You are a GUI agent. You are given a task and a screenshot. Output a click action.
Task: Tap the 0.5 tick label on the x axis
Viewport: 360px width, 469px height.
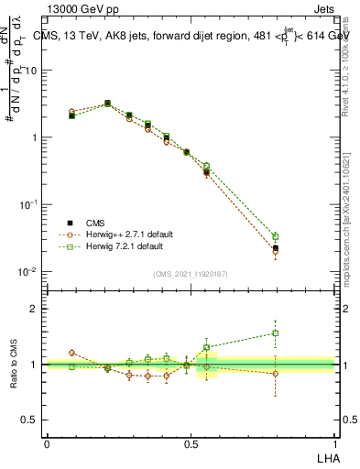click(191, 443)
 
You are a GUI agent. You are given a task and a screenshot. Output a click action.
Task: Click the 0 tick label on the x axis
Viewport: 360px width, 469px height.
click(47, 443)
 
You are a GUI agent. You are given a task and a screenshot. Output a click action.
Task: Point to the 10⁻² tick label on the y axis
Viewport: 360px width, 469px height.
click(27, 272)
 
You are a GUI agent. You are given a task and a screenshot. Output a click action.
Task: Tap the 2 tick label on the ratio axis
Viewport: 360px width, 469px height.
click(36, 309)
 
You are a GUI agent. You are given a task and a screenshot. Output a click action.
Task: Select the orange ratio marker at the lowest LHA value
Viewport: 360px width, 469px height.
click(72, 352)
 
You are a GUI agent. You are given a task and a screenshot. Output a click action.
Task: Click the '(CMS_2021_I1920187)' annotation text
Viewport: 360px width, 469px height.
click(191, 273)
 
